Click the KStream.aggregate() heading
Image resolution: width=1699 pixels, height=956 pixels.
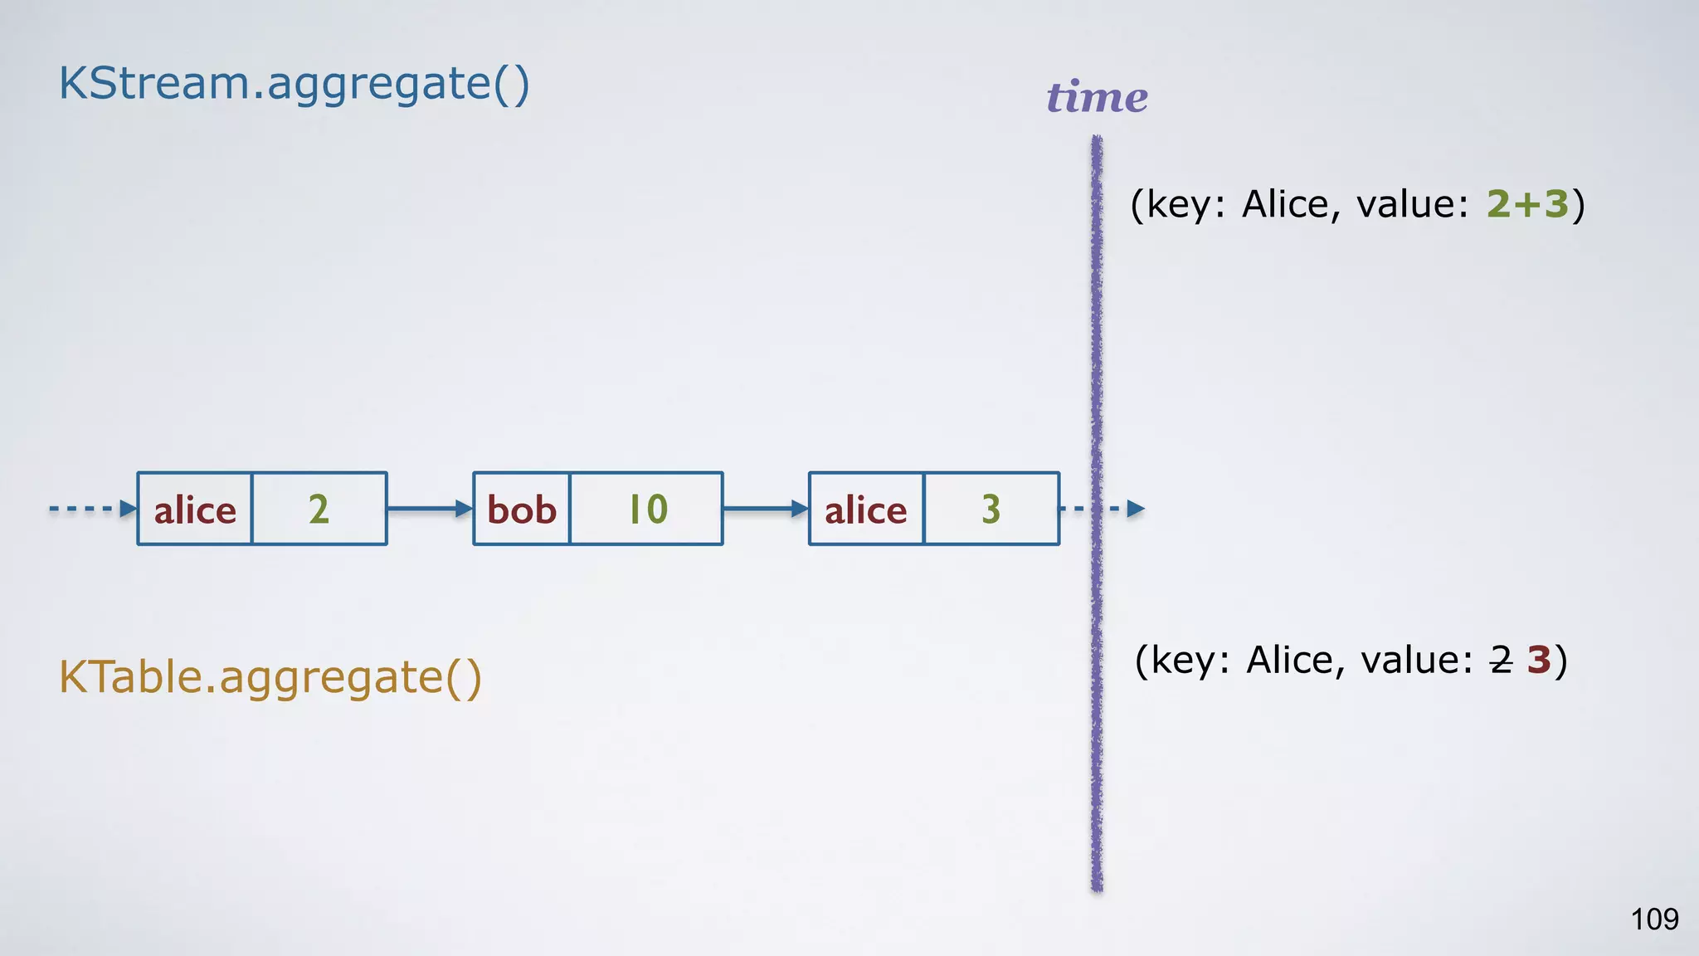pyautogui.click(x=294, y=85)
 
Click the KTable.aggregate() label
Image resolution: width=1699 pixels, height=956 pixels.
pyautogui.click(x=270, y=677)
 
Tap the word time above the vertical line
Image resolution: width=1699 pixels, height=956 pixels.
pyautogui.click(x=1097, y=97)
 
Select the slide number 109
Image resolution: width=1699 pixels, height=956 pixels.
pyautogui.click(x=1654, y=919)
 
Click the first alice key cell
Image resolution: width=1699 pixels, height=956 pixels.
pyautogui.click(x=195, y=509)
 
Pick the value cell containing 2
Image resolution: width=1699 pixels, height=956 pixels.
pyautogui.click(x=319, y=509)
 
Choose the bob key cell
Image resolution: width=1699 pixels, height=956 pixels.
pyautogui.click(x=522, y=509)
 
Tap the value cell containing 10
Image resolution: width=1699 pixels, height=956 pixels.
pyautogui.click(x=647, y=509)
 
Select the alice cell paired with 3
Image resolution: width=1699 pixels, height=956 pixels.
pyautogui.click(x=866, y=509)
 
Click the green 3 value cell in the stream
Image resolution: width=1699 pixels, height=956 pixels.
pyautogui.click(x=991, y=509)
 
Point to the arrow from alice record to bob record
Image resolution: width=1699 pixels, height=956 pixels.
pyautogui.click(x=430, y=509)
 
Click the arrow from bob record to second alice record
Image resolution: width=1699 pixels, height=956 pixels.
pyautogui.click(x=766, y=509)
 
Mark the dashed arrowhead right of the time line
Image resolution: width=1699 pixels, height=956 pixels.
pyautogui.click(x=1136, y=509)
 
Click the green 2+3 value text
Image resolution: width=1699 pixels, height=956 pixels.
pyautogui.click(x=1527, y=204)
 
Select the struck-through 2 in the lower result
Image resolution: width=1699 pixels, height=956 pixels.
pyautogui.click(x=1501, y=661)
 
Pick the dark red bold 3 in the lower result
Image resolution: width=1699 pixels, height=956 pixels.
pyautogui.click(x=1539, y=661)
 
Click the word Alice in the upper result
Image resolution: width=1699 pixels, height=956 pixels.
pyautogui.click(x=1286, y=204)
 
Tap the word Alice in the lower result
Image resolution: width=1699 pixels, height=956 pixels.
pyautogui.click(x=1291, y=661)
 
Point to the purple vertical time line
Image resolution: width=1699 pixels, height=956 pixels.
pyautogui.click(x=1097, y=332)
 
